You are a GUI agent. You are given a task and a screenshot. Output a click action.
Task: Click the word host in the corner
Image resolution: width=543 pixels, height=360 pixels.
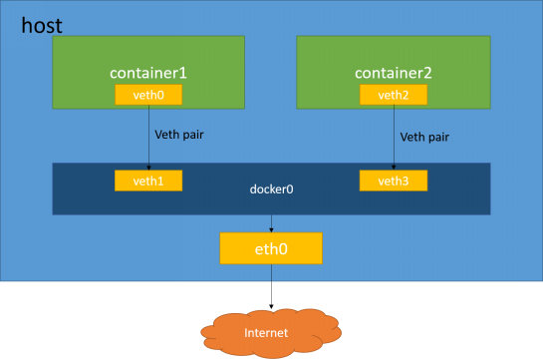coord(42,25)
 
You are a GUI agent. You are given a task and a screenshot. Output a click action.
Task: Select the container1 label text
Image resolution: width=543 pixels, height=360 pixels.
coord(148,73)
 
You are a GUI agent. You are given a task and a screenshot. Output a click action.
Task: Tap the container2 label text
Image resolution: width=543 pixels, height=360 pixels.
coord(394,73)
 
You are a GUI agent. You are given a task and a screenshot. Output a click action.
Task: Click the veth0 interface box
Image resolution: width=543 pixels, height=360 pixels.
coord(148,95)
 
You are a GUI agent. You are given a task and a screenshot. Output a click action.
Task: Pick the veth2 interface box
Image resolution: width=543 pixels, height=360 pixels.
coord(394,95)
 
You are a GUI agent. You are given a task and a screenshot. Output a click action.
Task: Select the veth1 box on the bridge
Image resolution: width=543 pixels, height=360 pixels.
coord(148,180)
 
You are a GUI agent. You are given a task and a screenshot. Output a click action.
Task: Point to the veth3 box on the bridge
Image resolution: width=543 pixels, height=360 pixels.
coord(394,180)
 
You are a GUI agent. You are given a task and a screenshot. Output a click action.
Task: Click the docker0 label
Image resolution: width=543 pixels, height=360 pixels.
coord(271,188)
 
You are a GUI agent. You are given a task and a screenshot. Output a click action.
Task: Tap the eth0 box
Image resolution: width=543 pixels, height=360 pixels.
coord(271,248)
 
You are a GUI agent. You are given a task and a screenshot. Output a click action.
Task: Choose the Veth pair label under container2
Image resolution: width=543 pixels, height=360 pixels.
coord(424,136)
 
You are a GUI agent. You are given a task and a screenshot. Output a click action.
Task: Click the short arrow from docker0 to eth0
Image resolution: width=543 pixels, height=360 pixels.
coord(271,223)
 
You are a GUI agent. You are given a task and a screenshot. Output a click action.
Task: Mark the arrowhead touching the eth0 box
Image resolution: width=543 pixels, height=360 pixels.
coord(271,229)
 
